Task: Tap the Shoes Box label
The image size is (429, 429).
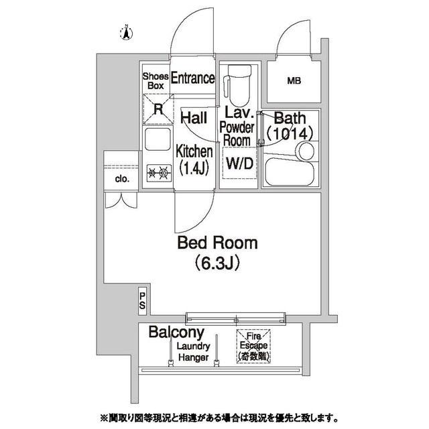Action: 156,81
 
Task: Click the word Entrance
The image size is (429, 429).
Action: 192,78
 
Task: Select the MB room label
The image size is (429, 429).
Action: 294,81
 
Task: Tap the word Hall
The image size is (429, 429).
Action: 194,118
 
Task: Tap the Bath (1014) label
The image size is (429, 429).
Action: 290,126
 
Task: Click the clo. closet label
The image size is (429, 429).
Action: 121,179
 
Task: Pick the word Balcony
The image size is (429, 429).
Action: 176,332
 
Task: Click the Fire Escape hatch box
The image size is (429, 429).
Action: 253,347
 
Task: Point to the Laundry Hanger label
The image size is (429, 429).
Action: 194,352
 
